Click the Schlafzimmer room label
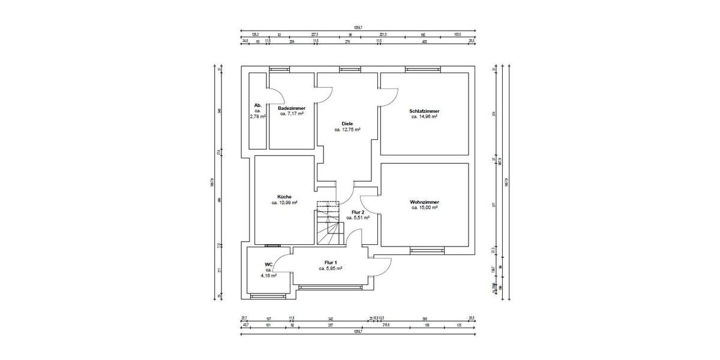click(424, 111)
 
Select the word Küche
click(284, 196)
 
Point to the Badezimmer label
click(292, 107)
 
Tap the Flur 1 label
click(331, 263)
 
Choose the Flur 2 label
click(358, 212)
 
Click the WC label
click(269, 264)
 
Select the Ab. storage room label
click(258, 105)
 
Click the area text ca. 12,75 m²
click(347, 130)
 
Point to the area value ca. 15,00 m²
click(424, 208)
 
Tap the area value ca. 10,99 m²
click(284, 203)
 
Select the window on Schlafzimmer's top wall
click(424, 69)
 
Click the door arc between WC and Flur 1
click(283, 259)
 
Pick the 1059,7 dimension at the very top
click(358, 27)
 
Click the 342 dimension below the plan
click(330, 319)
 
